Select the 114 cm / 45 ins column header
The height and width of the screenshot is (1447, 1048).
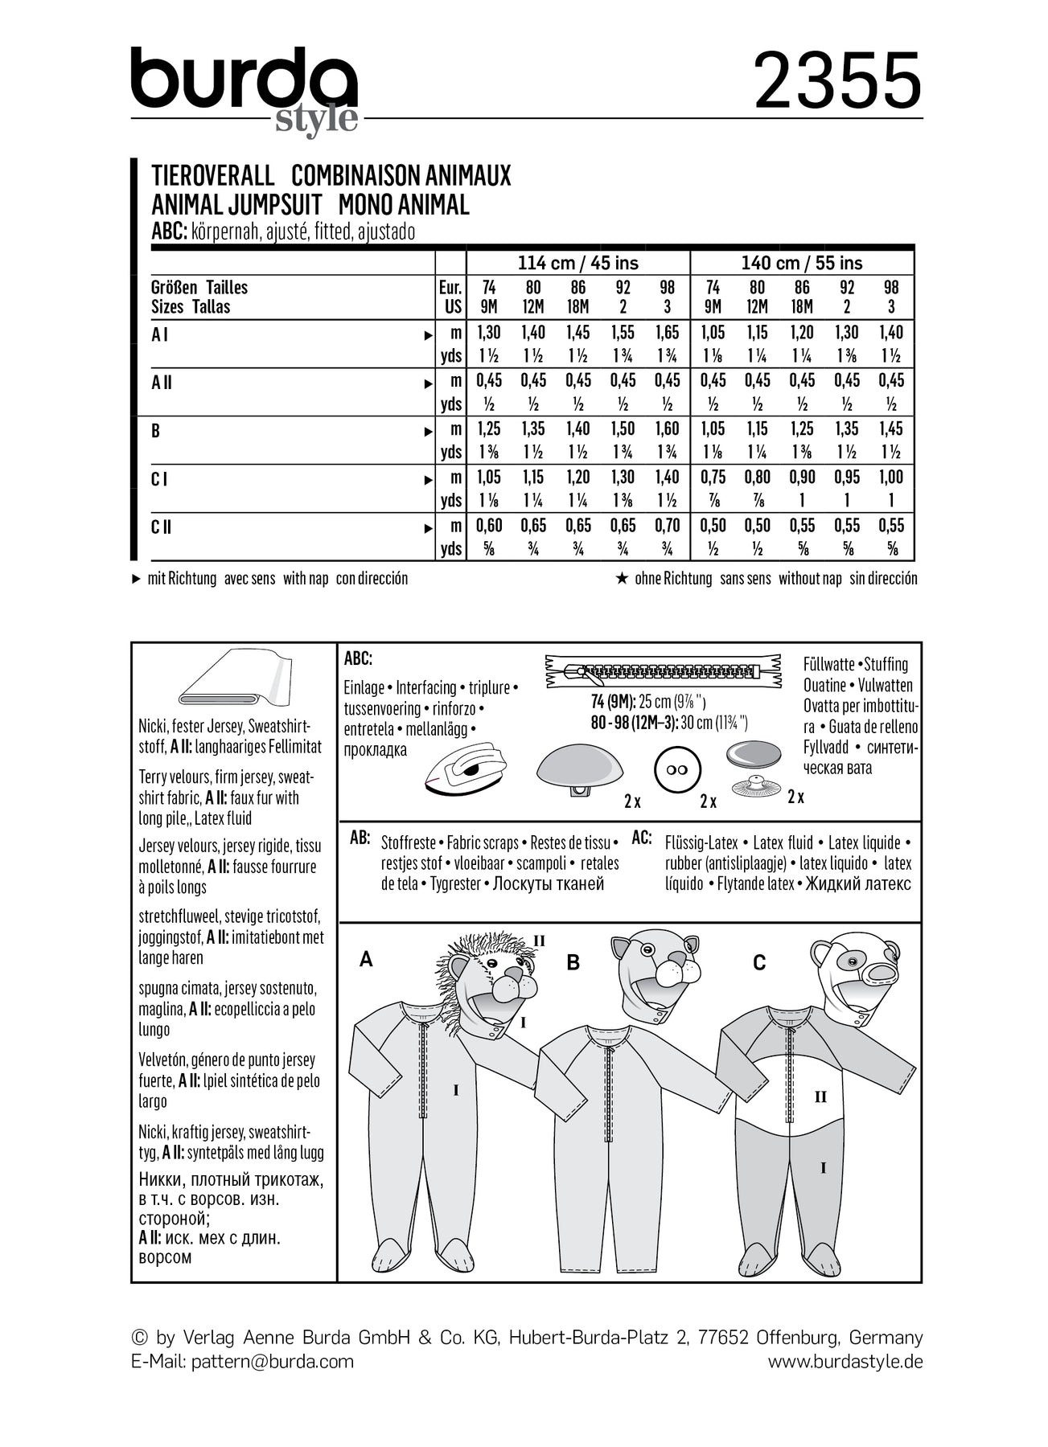pos(577,263)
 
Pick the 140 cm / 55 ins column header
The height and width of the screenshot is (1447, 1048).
pos(801,263)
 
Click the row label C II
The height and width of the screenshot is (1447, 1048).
pos(161,527)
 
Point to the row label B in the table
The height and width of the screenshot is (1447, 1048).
pos(156,431)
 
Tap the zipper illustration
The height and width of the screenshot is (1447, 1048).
pos(663,670)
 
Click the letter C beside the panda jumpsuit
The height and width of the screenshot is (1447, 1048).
pos(758,962)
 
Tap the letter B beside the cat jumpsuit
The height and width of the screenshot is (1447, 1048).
pos(573,962)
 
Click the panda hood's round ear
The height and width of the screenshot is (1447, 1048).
pos(823,953)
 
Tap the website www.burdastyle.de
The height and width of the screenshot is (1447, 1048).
pos(845,1361)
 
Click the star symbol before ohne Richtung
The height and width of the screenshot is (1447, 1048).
pos(621,578)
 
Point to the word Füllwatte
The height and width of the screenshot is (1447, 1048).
pos(828,664)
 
